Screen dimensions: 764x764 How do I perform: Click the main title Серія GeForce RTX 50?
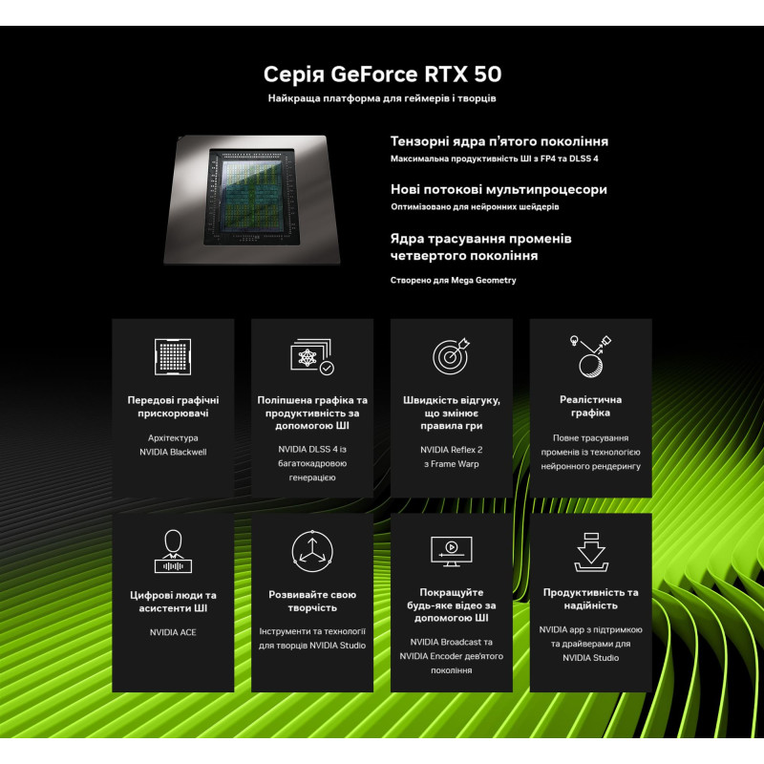(x=383, y=74)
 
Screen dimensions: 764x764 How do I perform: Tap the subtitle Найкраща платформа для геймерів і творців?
(x=382, y=98)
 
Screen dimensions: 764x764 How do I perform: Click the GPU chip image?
(x=252, y=200)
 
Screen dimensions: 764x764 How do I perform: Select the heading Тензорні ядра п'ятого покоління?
(x=499, y=141)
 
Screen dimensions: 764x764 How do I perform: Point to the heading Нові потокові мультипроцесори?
(x=499, y=189)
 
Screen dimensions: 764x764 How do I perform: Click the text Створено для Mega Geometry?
(x=453, y=280)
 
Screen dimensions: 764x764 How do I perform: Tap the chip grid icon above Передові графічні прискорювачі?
(x=173, y=356)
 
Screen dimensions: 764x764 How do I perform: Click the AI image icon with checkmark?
(x=312, y=356)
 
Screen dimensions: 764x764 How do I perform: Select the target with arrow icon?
(x=451, y=355)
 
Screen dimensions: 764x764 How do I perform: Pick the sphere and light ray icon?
(x=590, y=356)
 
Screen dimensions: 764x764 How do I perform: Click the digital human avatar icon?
(x=173, y=551)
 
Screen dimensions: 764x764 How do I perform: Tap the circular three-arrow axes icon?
(x=312, y=551)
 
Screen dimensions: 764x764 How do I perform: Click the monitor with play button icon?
(x=452, y=552)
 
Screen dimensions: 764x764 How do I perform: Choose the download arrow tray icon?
(x=591, y=552)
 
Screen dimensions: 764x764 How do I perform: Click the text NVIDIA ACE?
(x=173, y=632)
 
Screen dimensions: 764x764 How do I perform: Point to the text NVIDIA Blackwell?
(x=173, y=452)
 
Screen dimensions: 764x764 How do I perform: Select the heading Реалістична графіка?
(x=590, y=406)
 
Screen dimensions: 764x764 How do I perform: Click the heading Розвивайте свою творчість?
(x=312, y=602)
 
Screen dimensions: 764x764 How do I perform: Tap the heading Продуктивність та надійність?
(x=590, y=599)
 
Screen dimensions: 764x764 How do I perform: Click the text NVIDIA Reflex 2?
(x=451, y=450)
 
